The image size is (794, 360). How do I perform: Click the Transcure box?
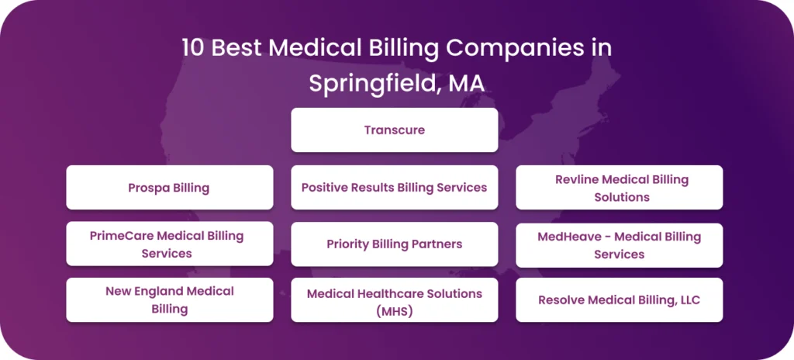coord(394,130)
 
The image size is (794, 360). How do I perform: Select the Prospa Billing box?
coord(169,187)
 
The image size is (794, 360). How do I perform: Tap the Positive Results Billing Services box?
coord(394,187)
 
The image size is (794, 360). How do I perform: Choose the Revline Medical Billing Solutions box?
coord(619,187)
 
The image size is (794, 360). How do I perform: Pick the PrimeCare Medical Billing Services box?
coord(169,244)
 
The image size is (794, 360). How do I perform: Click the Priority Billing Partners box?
coord(394,244)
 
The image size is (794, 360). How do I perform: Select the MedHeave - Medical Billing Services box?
coord(619,244)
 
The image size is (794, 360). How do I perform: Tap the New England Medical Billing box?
coord(169,299)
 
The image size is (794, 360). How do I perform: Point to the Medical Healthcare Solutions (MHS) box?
coord(394,302)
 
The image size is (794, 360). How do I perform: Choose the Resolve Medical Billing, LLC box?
coord(619,299)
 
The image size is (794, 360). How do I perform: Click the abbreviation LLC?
coord(686,299)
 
